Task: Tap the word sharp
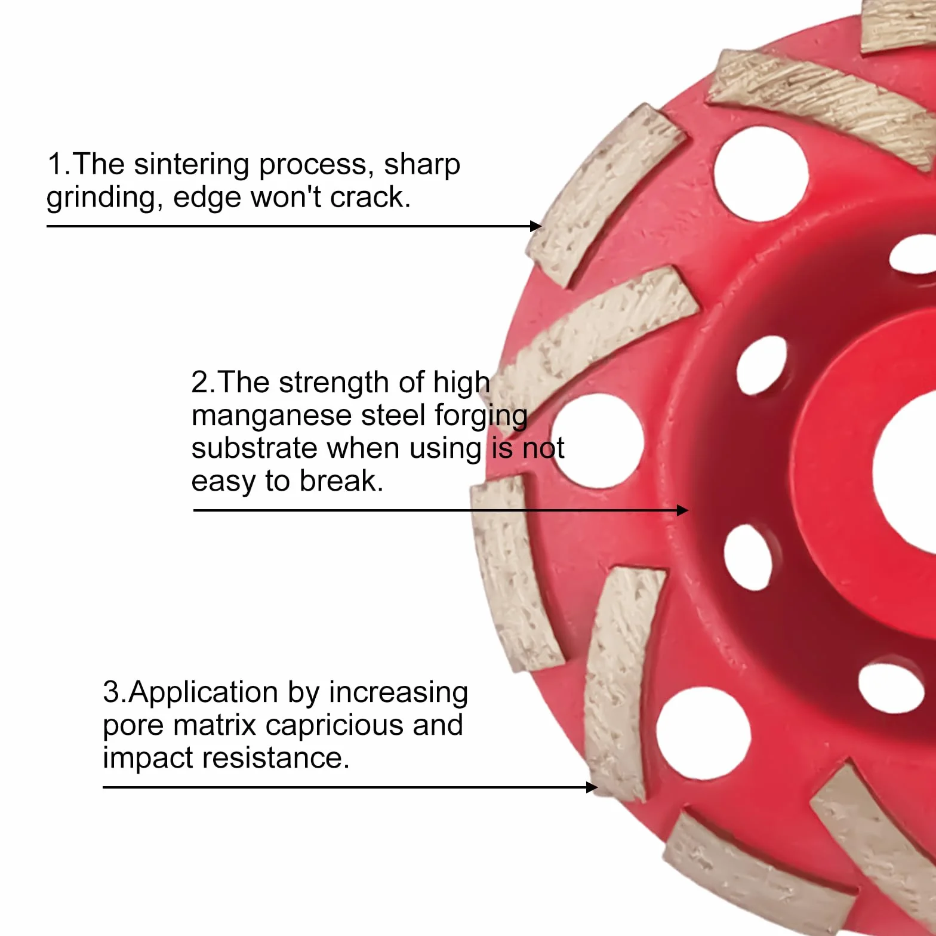[421, 165]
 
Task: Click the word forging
[481, 415]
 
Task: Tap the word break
[341, 481]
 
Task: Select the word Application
[204, 693]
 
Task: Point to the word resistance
[275, 758]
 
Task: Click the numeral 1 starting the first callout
[55, 164]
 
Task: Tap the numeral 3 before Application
[111, 692]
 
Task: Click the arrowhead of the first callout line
[537, 226]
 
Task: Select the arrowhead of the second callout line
[683, 510]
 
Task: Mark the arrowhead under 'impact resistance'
[592, 787]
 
